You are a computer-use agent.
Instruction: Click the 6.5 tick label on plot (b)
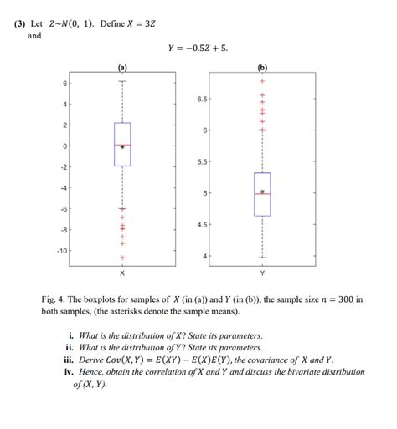(201, 99)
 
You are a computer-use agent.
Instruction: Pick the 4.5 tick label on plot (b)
(201, 225)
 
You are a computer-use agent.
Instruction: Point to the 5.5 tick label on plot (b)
(201, 161)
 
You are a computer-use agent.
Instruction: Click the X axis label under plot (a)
(122, 273)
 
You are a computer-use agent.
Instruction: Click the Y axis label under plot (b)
(262, 273)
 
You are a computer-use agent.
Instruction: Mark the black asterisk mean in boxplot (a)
(122, 147)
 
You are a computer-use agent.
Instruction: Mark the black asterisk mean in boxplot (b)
(262, 192)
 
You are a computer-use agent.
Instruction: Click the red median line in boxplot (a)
(122, 145)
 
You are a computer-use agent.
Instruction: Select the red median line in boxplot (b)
(262, 194)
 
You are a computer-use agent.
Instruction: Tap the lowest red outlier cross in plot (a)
(122, 258)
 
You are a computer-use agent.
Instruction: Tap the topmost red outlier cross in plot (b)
(262, 82)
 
